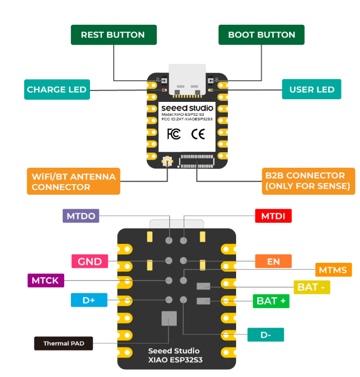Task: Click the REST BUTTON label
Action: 113,35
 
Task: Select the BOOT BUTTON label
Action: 261,35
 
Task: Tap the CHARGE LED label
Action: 57,89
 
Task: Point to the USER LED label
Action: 312,89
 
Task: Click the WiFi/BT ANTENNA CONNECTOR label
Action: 74,181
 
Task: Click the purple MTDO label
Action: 81,216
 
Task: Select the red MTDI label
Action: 273,216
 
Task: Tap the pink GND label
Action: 89,261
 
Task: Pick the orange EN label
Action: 273,261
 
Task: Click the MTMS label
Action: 332,270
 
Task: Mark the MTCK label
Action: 46,281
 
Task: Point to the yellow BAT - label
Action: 312,287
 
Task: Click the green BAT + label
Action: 271,301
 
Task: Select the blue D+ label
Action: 88,300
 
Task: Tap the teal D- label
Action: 265,335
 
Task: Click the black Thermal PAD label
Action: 63,343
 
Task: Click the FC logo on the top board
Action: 174,134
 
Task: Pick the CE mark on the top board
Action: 198,134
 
